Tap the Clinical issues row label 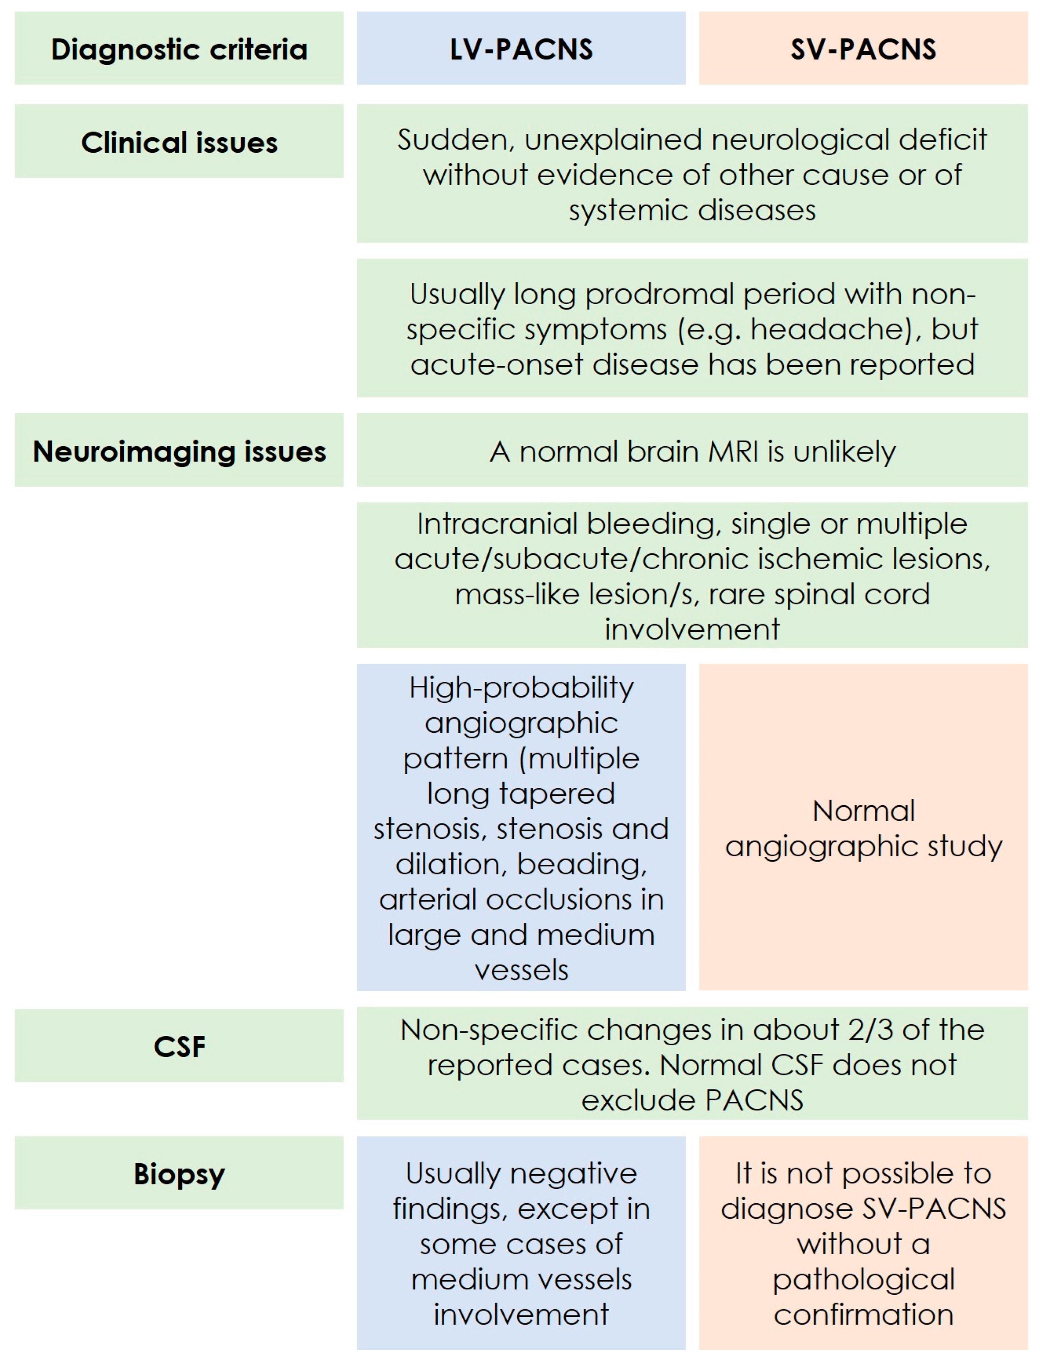(x=179, y=142)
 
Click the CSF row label (x=179, y=1046)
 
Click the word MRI (x=734, y=452)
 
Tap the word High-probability (x=521, y=687)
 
